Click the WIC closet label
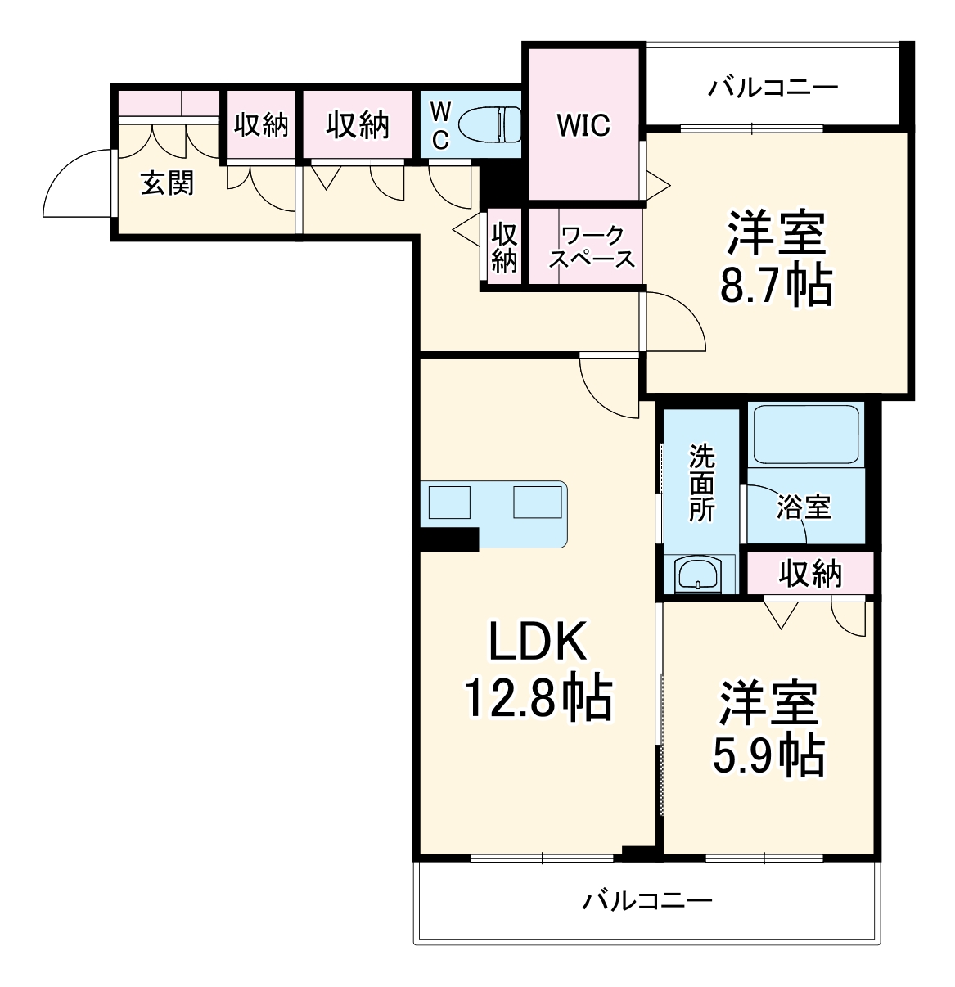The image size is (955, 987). (x=583, y=125)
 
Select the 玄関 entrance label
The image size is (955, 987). (x=168, y=183)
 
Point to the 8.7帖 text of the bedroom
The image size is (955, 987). (x=775, y=286)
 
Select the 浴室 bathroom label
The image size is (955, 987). (x=804, y=507)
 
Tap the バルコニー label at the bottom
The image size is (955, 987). (x=647, y=901)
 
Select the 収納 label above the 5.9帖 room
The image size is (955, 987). (x=809, y=573)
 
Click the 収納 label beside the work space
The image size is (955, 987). (x=505, y=248)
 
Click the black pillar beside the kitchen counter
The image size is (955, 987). (x=448, y=539)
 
